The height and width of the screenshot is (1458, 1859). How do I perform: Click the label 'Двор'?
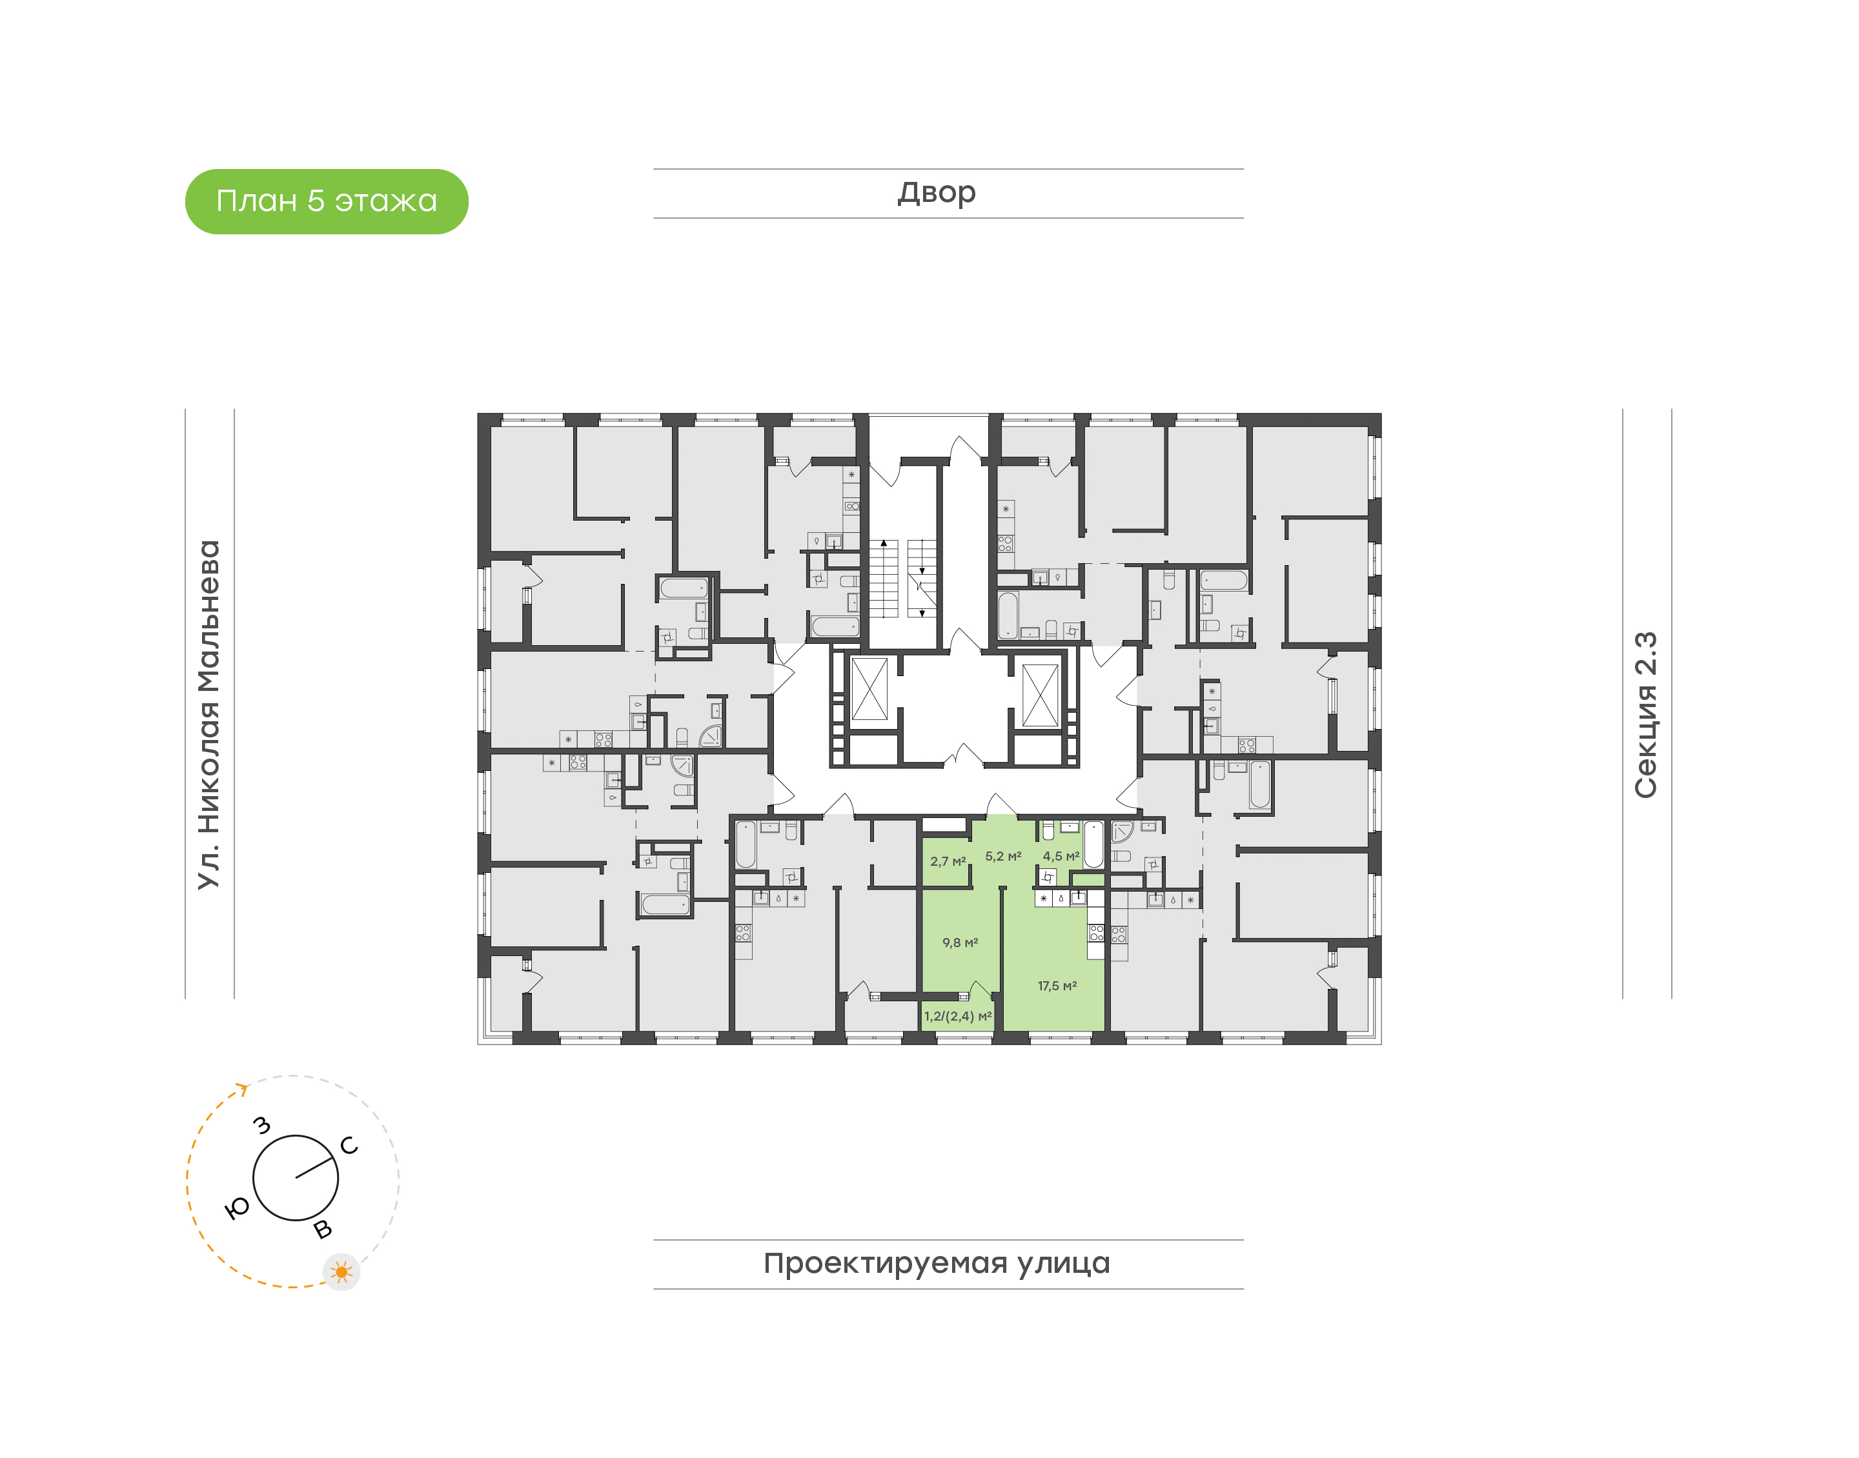coord(936,193)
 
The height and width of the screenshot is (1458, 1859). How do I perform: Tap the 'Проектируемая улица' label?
coord(936,1263)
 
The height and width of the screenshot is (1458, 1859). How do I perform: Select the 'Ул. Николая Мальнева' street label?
coord(209,715)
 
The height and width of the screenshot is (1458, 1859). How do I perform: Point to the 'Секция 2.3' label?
coord(1645,715)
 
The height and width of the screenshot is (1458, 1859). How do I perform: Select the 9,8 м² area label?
coord(960,943)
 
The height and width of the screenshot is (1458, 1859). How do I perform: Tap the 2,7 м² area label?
coord(948,861)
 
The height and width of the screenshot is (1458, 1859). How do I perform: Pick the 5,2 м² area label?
coord(1002,856)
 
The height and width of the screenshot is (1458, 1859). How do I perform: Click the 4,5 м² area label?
coord(1061,856)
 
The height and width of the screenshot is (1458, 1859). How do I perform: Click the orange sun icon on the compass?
coord(341,1272)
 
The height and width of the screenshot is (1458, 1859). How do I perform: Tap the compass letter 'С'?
coord(349,1146)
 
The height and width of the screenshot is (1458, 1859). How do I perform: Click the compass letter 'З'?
coord(262,1125)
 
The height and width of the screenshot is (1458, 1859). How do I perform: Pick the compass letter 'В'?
coord(323,1229)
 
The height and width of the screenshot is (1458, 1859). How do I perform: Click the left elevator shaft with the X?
coord(869,689)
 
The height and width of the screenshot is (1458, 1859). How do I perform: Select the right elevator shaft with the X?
coord(1040,695)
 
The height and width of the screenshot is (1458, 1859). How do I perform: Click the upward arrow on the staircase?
coord(884,544)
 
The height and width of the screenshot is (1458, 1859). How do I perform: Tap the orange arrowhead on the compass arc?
coord(243,1088)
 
